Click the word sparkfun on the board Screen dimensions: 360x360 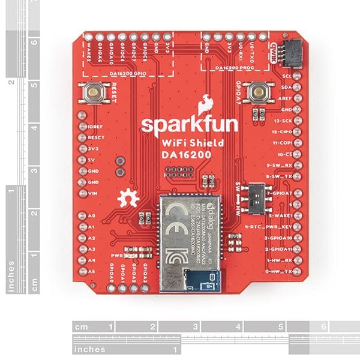coord(181,125)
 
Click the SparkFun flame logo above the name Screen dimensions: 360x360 coord(206,102)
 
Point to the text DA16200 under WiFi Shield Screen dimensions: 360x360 coord(181,155)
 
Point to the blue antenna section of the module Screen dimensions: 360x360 coord(202,278)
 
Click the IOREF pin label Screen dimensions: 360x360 coord(97,128)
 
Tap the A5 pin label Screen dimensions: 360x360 coord(91,272)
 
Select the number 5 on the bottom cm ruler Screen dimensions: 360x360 coord(280,328)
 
